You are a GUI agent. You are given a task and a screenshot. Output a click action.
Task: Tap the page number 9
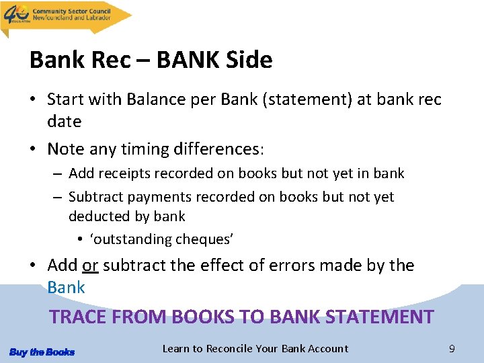pyautogui.click(x=452, y=349)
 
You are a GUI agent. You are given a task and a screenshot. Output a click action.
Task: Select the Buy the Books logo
pyautogui.click(x=42, y=352)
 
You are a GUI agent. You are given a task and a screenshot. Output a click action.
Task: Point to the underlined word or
pyautogui.click(x=91, y=266)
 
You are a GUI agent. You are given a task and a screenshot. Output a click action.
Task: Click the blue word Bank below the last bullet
pyautogui.click(x=66, y=287)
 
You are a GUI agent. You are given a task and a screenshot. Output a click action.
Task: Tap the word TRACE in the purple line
pyautogui.click(x=78, y=317)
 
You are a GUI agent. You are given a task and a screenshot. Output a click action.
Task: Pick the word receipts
pyautogui.click(x=124, y=173)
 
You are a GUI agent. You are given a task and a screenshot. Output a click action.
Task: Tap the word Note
pyautogui.click(x=65, y=148)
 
